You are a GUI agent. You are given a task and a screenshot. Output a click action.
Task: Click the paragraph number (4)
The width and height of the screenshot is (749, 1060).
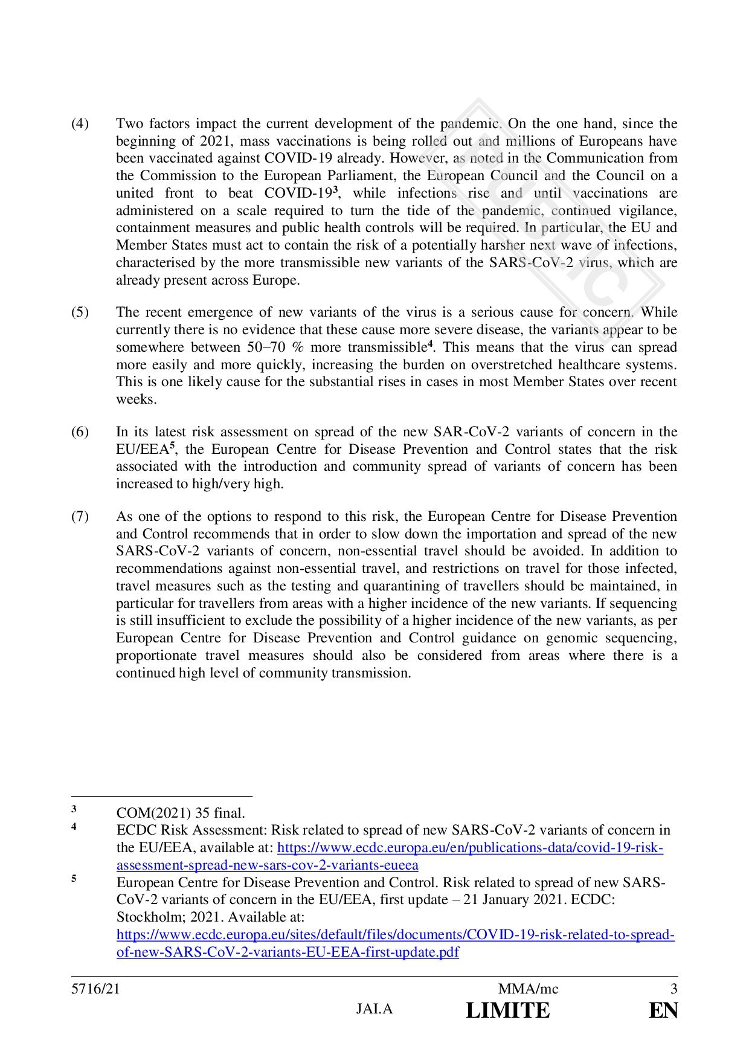coord(80,124)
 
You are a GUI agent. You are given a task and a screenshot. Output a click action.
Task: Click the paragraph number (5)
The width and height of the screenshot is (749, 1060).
coord(80,312)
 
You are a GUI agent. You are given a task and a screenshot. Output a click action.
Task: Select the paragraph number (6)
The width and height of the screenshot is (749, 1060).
coord(80,432)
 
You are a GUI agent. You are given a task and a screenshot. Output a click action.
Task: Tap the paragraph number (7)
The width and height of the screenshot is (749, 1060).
coord(80,517)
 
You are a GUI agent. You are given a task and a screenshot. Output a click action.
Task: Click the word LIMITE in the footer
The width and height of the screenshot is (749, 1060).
coord(508,1010)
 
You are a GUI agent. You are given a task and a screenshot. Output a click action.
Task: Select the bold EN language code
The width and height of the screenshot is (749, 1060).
coord(663,1010)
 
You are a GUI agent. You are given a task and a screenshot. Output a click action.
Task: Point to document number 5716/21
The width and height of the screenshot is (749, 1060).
coord(91,989)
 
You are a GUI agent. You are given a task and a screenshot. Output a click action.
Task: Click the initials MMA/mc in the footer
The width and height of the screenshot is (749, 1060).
coord(528,989)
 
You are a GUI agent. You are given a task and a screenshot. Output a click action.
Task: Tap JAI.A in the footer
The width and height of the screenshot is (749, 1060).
coord(374,1009)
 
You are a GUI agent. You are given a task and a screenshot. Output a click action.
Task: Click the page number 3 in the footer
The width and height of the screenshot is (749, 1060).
coord(673,989)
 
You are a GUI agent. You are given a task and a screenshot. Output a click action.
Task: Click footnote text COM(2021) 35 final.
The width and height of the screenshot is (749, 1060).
coord(181,813)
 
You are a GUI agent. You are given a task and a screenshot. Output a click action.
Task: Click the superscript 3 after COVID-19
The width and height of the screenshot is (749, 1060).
coord(336,190)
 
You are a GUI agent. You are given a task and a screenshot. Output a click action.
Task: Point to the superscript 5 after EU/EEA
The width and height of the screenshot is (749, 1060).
coord(172,445)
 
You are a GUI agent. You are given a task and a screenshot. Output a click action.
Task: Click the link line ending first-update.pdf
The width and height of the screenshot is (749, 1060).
coord(288,952)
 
